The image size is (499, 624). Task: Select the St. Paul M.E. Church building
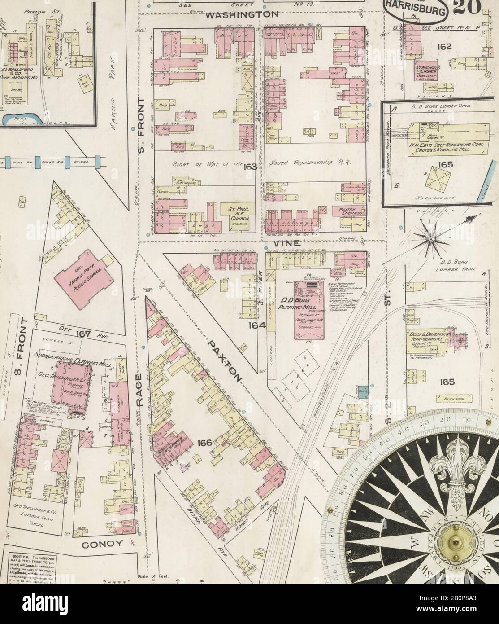(x=238, y=213)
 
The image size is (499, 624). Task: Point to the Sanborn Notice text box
(x=33, y=564)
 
